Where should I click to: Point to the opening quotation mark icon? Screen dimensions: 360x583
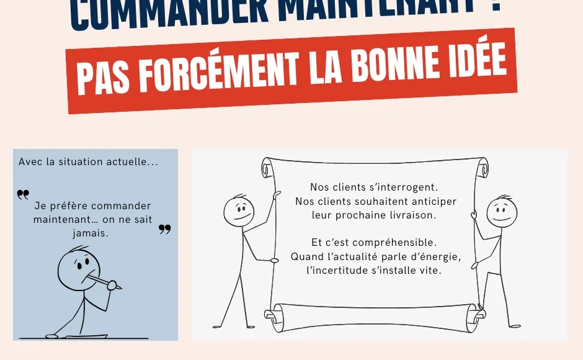tap(23, 195)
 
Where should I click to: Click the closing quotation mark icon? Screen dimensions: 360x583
tap(164, 230)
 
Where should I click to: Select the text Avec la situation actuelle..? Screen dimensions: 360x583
tap(88, 162)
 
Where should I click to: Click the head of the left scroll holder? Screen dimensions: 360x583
tap(238, 210)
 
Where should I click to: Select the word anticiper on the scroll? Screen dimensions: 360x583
tap(433, 201)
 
